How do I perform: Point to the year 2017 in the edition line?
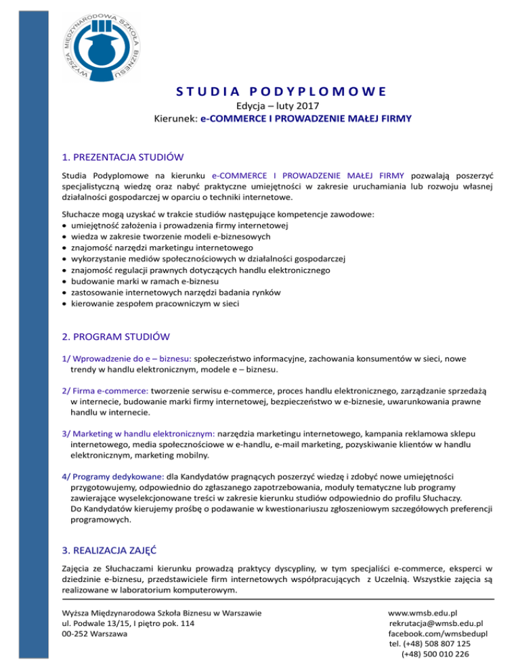(x=298, y=105)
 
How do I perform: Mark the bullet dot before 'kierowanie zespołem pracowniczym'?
(x=64, y=304)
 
